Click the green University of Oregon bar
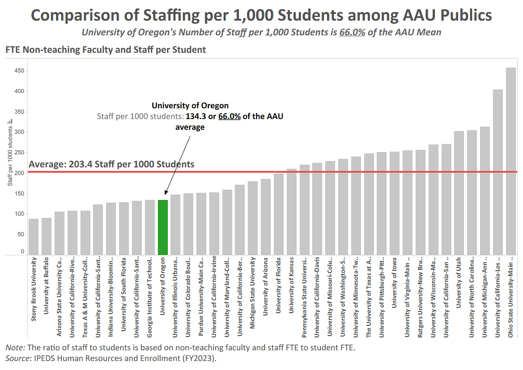[163, 227]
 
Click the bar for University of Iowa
[394, 203]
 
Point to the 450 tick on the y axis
[19, 71]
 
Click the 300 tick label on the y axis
[19, 132]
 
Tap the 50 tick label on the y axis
[20, 234]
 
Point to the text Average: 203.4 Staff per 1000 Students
[111, 164]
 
